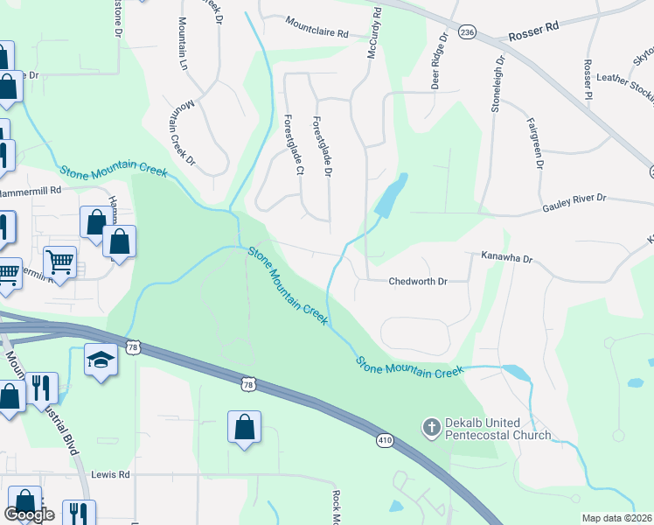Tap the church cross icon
(x=430, y=428)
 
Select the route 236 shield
(x=468, y=32)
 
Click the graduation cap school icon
(x=101, y=360)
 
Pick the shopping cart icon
(x=59, y=260)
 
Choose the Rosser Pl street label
(x=588, y=80)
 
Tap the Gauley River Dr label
(x=574, y=200)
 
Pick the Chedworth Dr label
(x=417, y=282)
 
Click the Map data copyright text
(x=617, y=518)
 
